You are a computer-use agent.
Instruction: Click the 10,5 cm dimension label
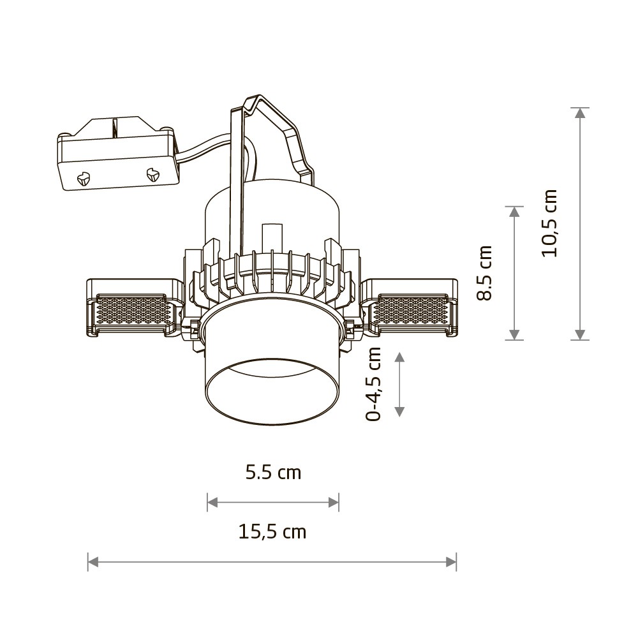tap(549, 223)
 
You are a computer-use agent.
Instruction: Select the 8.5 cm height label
tap(484, 273)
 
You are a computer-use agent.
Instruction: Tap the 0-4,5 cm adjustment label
tap(373, 384)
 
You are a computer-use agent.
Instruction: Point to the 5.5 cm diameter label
tap(273, 473)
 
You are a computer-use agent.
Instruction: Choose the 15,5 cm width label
tap(272, 532)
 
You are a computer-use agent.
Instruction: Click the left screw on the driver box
tap(83, 178)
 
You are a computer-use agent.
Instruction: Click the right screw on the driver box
tap(152, 174)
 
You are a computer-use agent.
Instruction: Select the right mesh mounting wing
tap(410, 308)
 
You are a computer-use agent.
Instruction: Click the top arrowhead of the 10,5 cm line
tap(580, 113)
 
